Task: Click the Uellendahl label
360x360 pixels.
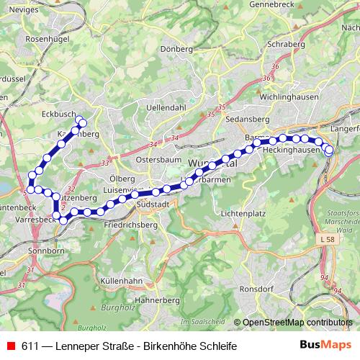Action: tap(166, 107)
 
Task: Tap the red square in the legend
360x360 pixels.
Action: tap(10, 346)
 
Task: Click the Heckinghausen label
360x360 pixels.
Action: tap(291, 150)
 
